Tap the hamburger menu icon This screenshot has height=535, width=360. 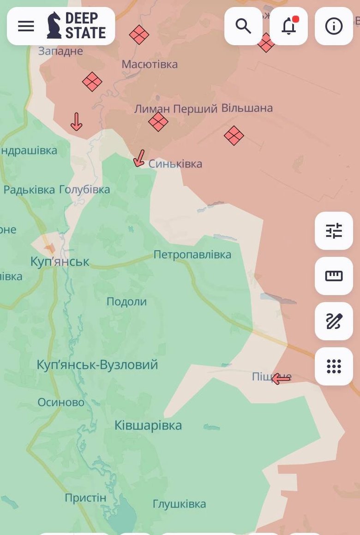[x=26, y=26]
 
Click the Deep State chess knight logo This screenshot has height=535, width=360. [x=54, y=26]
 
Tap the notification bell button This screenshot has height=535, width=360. [x=288, y=26]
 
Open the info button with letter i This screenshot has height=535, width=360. [x=334, y=26]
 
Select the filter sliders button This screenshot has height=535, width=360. [x=334, y=231]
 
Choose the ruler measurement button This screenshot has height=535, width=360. [x=334, y=276]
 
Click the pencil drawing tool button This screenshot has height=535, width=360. [x=334, y=321]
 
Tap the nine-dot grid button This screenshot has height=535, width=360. [x=334, y=366]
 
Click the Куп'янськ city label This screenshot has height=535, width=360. [x=60, y=262]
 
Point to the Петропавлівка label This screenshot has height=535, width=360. [x=192, y=255]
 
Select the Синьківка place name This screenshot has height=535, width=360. [x=175, y=164]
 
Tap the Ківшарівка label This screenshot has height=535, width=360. [x=148, y=425]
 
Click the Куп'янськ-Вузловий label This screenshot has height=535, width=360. [x=97, y=365]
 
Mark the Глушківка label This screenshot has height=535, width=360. [x=179, y=504]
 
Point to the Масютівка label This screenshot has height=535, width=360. [x=150, y=64]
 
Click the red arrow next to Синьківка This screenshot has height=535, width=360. [x=138, y=158]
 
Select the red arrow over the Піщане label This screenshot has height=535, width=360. [x=281, y=379]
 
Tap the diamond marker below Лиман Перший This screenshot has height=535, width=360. [x=158, y=122]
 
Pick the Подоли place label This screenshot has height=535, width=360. [x=126, y=302]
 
